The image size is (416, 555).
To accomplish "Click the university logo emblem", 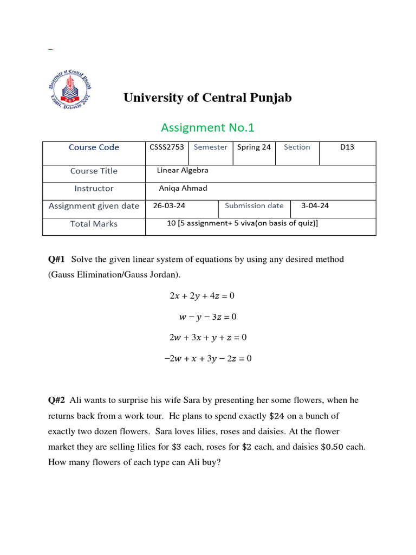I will point(70,91).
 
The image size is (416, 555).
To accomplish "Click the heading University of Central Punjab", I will point(207,98).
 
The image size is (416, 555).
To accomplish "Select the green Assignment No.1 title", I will point(207,127).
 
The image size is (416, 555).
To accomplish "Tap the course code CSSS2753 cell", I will point(167,147).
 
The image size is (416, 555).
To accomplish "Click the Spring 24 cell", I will point(254,147).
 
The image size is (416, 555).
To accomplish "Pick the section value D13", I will point(347,147).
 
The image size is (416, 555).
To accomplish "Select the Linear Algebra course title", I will point(183,170).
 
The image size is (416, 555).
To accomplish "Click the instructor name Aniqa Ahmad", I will point(183,188).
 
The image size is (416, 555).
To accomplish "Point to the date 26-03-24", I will point(169,206).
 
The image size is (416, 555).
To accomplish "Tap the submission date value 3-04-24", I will point(315,206).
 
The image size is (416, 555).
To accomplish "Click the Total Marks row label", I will point(94,224).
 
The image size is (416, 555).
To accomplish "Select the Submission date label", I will point(254,206).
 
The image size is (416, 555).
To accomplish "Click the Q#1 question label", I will point(56,259).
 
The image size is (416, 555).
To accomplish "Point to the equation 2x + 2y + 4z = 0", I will point(202,296).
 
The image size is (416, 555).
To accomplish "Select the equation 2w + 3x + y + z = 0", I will point(207,337).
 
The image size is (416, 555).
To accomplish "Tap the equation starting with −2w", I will point(207,358).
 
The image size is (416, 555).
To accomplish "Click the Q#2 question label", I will point(56,400).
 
